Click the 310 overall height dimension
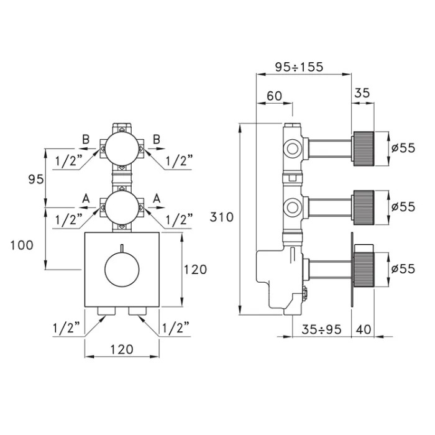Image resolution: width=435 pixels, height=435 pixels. [222, 217]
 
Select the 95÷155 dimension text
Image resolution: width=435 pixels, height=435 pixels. [299, 67]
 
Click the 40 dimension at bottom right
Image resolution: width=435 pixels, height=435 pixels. [365, 329]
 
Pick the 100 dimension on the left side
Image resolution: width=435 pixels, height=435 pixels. [22, 245]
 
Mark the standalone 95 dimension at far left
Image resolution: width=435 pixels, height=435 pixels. [36, 179]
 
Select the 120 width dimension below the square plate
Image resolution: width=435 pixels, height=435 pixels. [121, 349]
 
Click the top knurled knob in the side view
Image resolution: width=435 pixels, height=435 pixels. [364, 147]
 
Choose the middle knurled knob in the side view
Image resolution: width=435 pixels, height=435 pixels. [364, 206]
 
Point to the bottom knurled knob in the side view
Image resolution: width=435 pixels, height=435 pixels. [364, 268]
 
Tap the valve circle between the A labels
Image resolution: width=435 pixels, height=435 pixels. [122, 206]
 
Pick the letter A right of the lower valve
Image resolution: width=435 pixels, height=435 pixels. [157, 197]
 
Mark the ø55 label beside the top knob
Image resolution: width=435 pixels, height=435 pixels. [403, 147]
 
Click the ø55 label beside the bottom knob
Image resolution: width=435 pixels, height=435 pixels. [403, 268]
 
